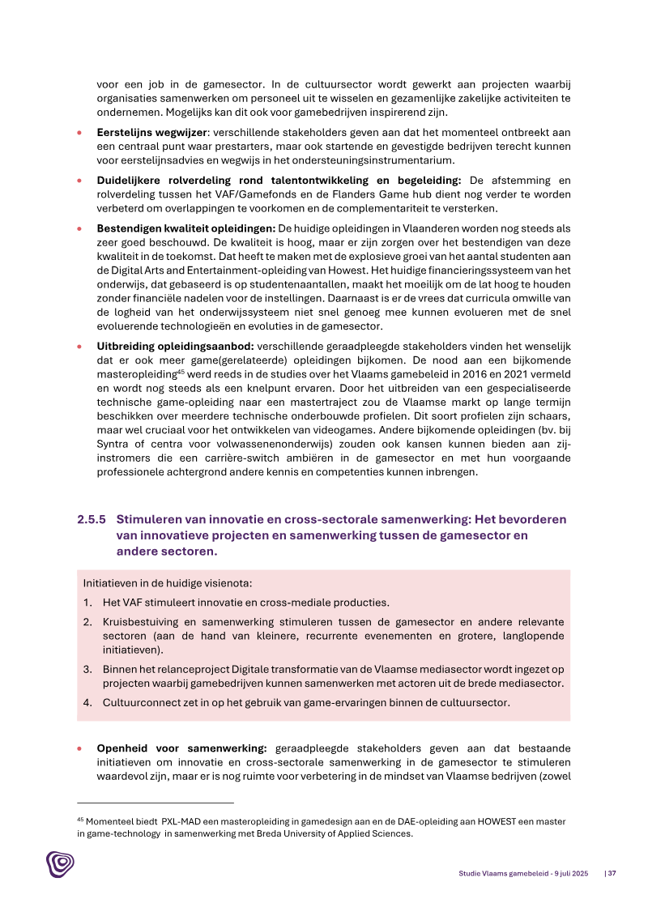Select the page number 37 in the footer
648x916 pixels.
(x=612, y=873)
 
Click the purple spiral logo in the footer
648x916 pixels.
(x=59, y=864)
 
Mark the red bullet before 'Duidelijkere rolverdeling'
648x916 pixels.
(x=79, y=180)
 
